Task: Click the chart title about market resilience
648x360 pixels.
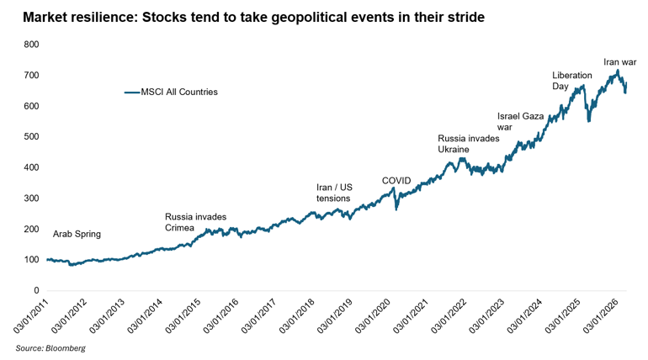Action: [x=253, y=17]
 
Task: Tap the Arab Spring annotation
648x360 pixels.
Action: [x=77, y=235]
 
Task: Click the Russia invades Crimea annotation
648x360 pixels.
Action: [x=195, y=222]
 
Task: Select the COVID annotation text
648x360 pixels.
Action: [x=396, y=181]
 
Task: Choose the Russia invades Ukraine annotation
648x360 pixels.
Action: [x=469, y=144]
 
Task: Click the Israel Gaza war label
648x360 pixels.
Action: [x=520, y=122]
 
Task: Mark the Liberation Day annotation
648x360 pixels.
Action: [x=572, y=81]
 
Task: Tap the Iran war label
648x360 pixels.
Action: [x=620, y=61]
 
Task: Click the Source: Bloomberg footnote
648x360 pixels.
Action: [x=50, y=347]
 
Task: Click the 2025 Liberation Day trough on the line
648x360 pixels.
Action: [x=589, y=121]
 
